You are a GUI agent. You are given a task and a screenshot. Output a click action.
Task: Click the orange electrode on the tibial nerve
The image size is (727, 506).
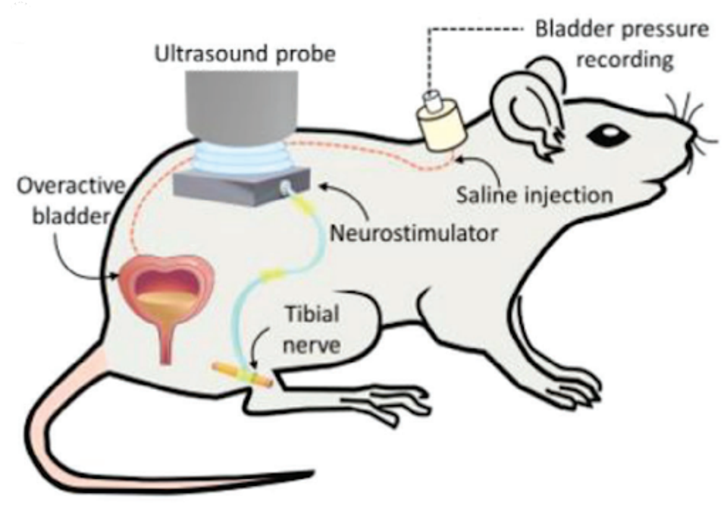point(242,374)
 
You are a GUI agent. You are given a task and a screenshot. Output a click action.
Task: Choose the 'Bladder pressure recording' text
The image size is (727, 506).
point(622,44)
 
